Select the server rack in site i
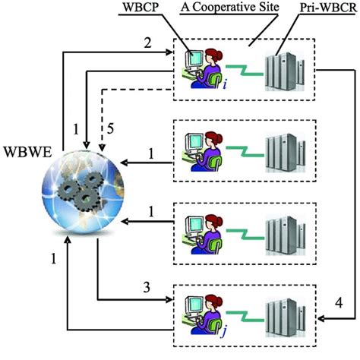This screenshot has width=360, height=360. pyautogui.click(x=285, y=67)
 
